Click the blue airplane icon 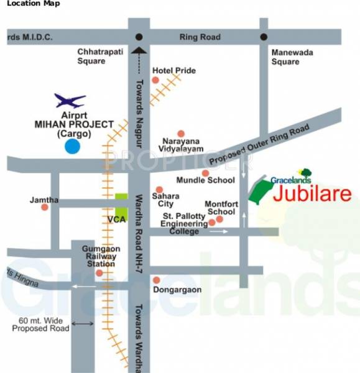coord(69,101)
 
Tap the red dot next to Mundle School coord(205,173)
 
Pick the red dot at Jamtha coord(45,208)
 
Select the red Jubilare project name coord(312,193)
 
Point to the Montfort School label coord(220,208)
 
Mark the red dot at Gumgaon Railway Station coord(99,272)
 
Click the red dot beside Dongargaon coord(157,280)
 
